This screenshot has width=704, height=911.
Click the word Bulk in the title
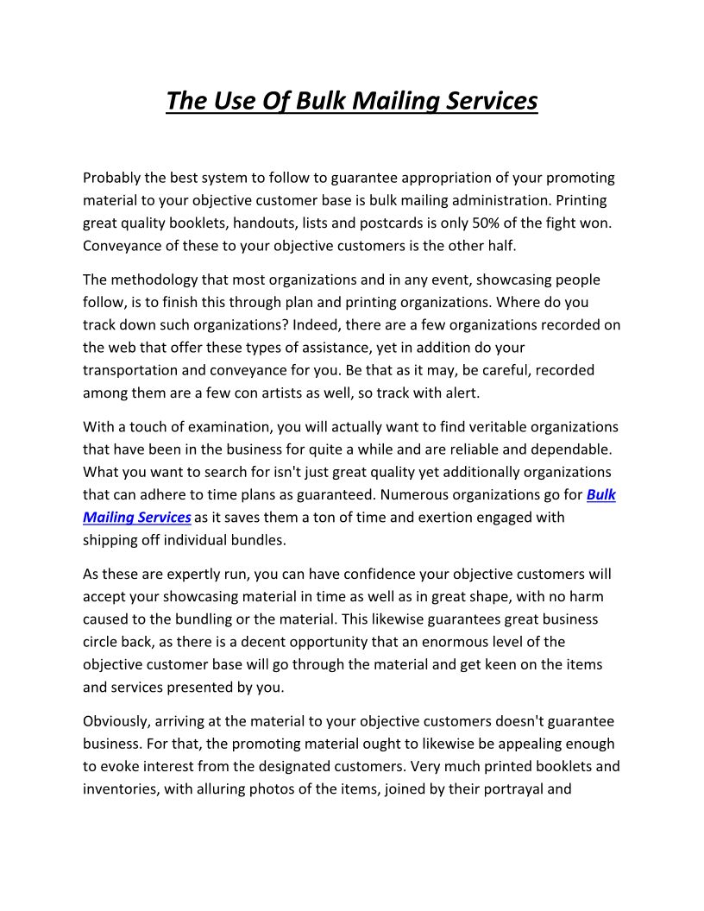click(321, 101)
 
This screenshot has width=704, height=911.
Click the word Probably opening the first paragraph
click(114, 178)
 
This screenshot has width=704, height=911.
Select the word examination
click(217, 427)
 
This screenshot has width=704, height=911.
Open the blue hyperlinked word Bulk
click(601, 494)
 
